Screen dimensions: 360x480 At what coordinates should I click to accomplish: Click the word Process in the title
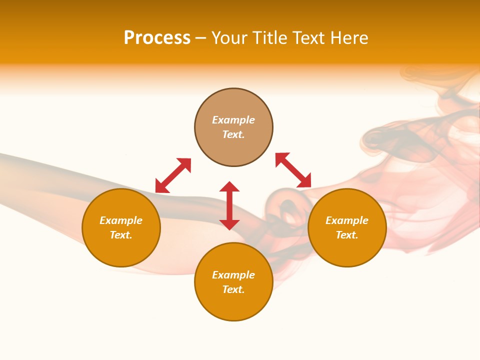click(x=157, y=38)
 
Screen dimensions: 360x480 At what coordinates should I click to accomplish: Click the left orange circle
click(x=121, y=250)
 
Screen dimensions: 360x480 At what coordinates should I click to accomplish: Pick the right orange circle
click(x=347, y=250)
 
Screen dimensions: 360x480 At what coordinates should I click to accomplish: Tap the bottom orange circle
click(x=233, y=305)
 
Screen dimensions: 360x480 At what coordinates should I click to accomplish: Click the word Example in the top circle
click(x=233, y=120)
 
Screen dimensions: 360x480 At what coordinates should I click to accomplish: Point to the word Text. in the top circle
click(x=233, y=134)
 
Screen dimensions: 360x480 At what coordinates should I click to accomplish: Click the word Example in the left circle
click(x=121, y=220)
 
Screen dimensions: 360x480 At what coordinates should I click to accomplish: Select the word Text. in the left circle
click(x=121, y=235)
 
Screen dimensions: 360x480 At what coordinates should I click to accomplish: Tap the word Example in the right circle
click(x=347, y=220)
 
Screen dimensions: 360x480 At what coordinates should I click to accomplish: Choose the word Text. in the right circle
click(x=347, y=235)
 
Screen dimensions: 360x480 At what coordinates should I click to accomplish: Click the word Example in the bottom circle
click(x=233, y=275)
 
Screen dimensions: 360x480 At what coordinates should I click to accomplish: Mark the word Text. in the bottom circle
click(x=233, y=289)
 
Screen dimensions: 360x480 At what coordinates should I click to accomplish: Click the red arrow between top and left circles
click(x=173, y=175)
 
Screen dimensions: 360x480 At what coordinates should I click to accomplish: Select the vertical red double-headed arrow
click(x=229, y=205)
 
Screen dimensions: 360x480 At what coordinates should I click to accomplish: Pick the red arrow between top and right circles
click(x=293, y=170)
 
